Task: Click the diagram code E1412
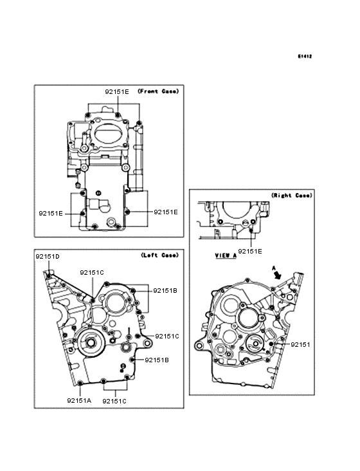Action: pyautogui.click(x=305, y=56)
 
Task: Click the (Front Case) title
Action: pyautogui.click(x=158, y=91)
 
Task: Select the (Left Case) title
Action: pyautogui.click(x=159, y=255)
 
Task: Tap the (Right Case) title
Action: pyautogui.click(x=292, y=195)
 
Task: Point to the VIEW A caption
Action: pyautogui.click(x=226, y=255)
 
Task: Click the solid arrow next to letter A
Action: pyautogui.click(x=278, y=274)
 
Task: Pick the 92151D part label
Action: pyautogui.click(x=48, y=257)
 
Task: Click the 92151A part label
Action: pyautogui.click(x=79, y=400)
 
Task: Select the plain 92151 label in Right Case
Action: pyautogui.click(x=300, y=344)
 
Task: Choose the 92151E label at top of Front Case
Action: pyautogui.click(x=117, y=91)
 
